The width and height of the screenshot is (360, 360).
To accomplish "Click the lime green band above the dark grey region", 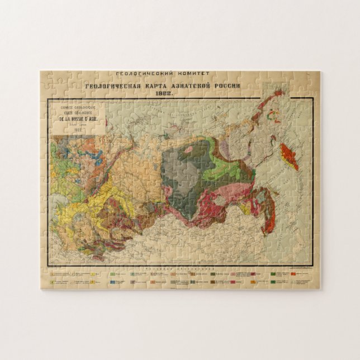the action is (x=220, y=168).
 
